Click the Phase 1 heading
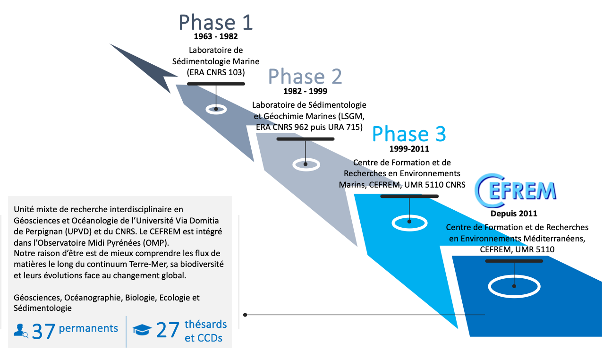(x=216, y=23)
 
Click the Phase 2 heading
(x=305, y=77)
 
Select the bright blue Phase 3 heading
(x=408, y=134)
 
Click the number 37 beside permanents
(x=44, y=331)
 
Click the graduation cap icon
(x=142, y=330)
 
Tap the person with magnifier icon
(x=21, y=331)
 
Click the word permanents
(x=88, y=328)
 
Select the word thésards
(x=205, y=325)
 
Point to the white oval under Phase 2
(x=216, y=109)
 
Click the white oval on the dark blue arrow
(x=514, y=286)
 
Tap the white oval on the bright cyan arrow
(x=409, y=222)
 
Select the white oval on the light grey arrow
(x=306, y=164)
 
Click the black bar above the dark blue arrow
(x=514, y=261)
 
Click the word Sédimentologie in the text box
(x=43, y=308)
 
